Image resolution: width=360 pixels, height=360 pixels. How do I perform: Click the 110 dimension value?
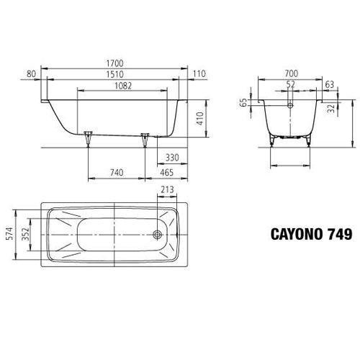pyautogui.click(x=199, y=74)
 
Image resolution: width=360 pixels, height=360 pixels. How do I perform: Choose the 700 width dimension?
pyautogui.click(x=290, y=74)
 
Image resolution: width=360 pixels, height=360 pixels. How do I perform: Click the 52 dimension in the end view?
pyautogui.click(x=290, y=84)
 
